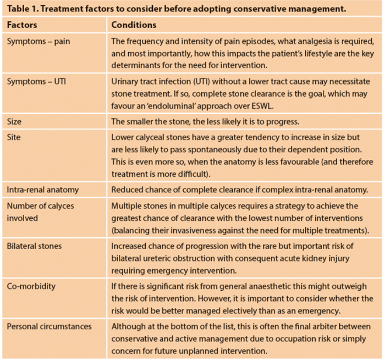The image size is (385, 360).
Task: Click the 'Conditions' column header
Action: [134, 25]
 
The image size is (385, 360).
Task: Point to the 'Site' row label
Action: [14, 137]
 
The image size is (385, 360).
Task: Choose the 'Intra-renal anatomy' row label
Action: [42, 190]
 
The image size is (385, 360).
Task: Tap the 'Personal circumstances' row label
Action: [49, 326]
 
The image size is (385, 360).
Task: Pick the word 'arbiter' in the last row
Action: [319, 326]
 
